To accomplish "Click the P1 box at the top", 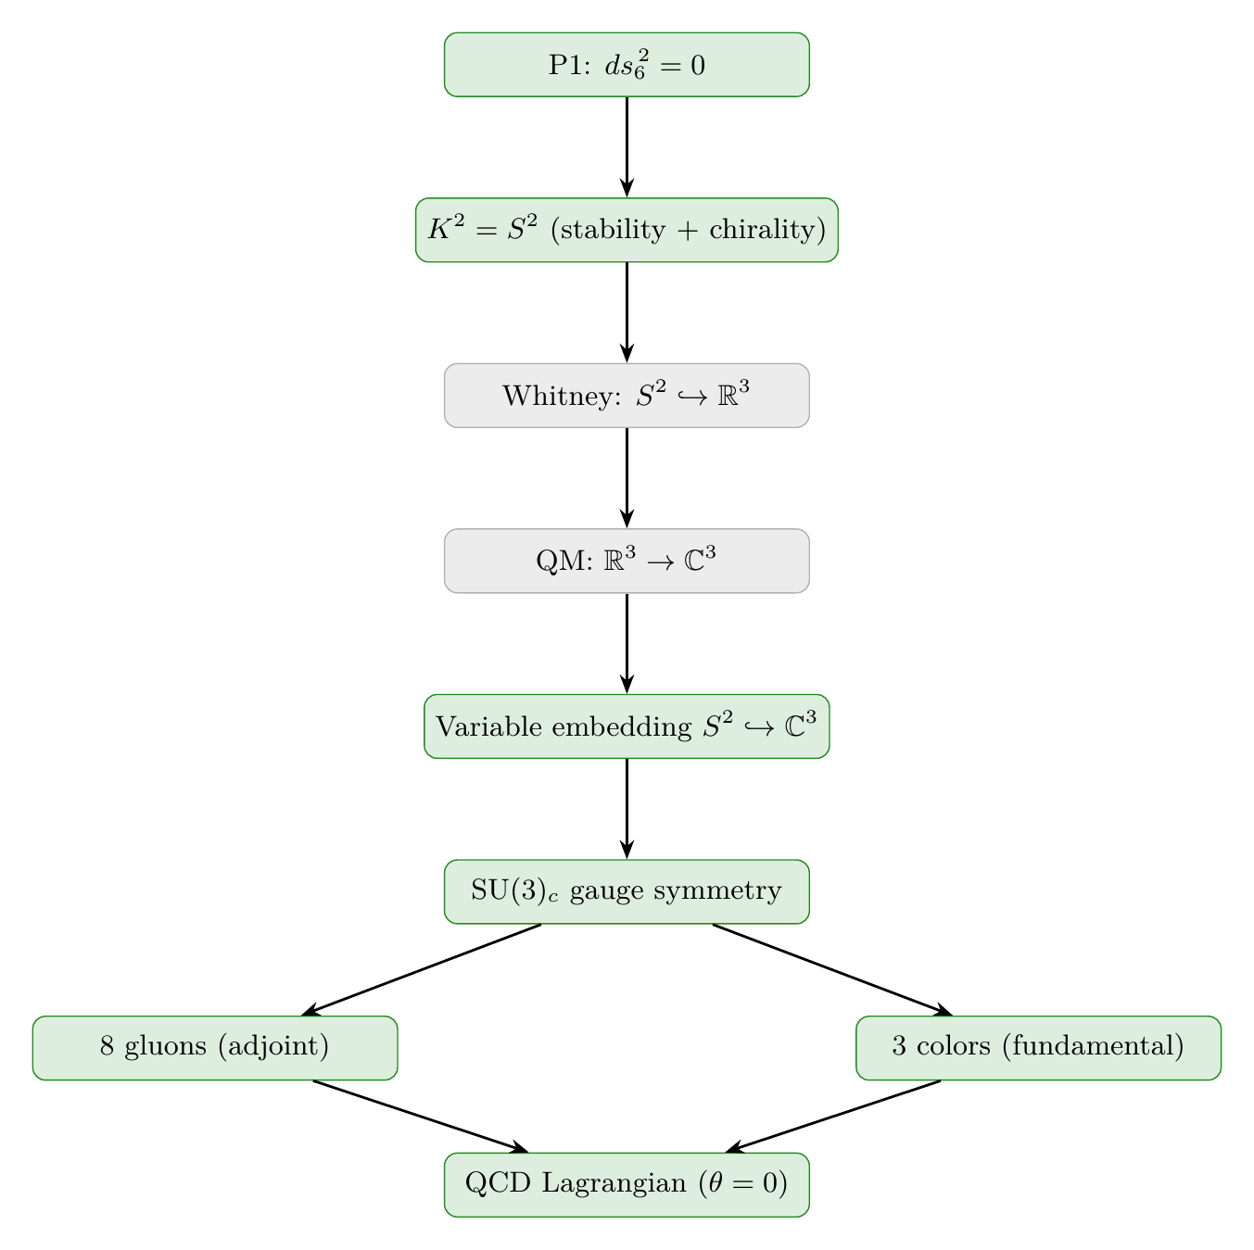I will tap(627, 65).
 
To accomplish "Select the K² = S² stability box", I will tap(627, 230).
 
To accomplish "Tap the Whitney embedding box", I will tap(627, 396).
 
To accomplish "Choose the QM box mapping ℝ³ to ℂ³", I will tap(627, 561).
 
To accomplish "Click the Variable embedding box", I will tap(627, 726).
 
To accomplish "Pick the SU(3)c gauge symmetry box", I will tap(627, 891).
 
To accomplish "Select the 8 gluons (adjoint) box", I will tap(215, 1048).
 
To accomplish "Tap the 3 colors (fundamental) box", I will tap(1038, 1048).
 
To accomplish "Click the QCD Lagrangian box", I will tap(627, 1184).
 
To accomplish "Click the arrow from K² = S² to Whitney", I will tap(627, 312).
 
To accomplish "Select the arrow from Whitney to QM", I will tap(627, 477).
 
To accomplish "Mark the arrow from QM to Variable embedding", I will tap(627, 643).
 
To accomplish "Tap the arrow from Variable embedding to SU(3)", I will tap(627, 808).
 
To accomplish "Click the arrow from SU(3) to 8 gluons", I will tap(422, 969).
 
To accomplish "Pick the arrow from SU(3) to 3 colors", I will tap(832, 969).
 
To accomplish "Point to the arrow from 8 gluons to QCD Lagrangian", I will tap(421, 1117).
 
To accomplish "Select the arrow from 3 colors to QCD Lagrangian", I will tap(833, 1117).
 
